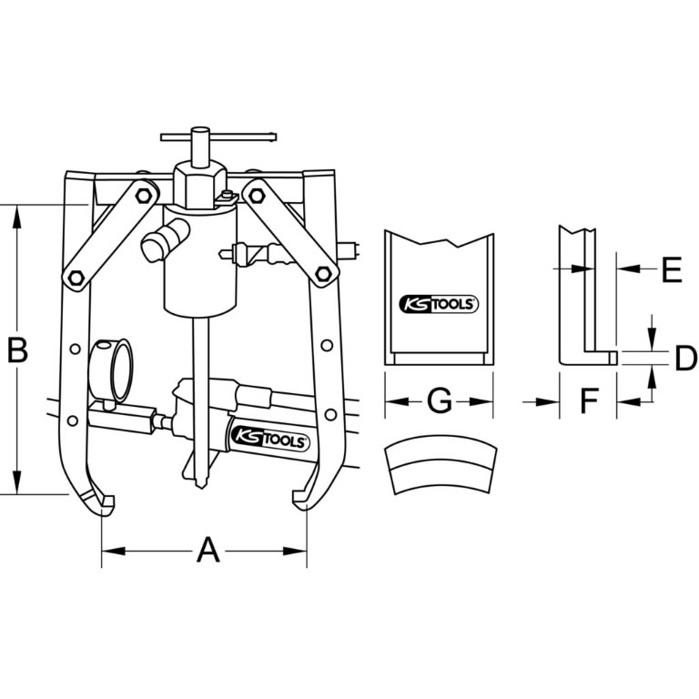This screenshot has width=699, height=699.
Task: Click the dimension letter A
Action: [x=208, y=550]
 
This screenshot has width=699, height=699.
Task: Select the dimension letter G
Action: [x=440, y=400]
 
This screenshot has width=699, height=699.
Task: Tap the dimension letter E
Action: [x=671, y=269]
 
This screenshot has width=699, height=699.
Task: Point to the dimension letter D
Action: [x=684, y=359]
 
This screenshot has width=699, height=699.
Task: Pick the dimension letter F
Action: [x=589, y=400]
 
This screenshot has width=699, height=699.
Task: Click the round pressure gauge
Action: [x=113, y=368]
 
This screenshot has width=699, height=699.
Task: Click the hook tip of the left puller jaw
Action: [x=108, y=502]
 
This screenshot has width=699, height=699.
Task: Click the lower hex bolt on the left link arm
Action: [x=75, y=279]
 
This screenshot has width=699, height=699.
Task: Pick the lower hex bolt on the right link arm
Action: [x=322, y=271]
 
